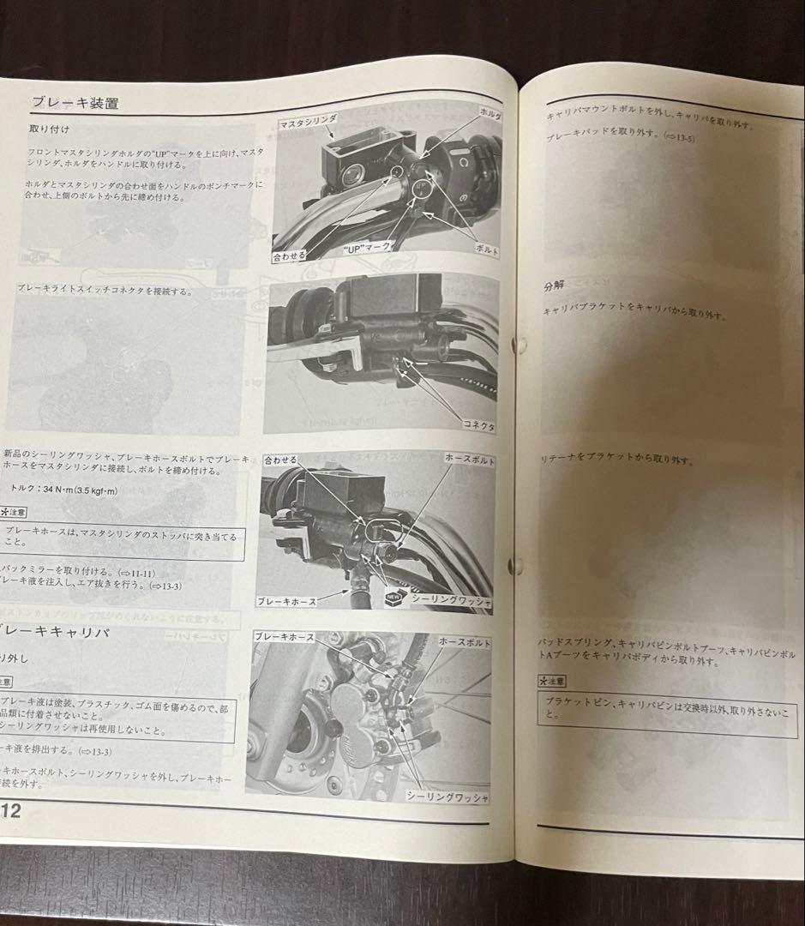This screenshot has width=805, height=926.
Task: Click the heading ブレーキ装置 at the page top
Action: click(75, 103)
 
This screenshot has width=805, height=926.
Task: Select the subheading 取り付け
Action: click(50, 130)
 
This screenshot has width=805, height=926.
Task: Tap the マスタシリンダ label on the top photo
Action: click(309, 124)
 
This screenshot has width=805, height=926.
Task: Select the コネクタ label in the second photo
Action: click(477, 425)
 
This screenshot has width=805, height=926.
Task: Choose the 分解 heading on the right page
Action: click(555, 286)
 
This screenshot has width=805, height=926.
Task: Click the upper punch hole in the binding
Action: click(518, 345)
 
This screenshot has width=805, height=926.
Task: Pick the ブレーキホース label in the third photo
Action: click(286, 601)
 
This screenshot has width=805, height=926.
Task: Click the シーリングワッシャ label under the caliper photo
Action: click(447, 797)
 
